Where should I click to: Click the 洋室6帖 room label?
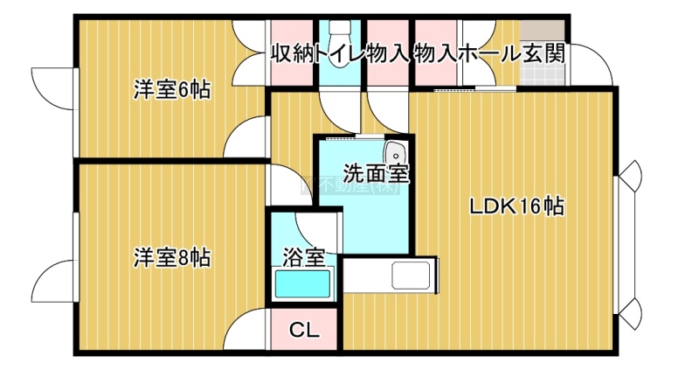(x=171, y=90)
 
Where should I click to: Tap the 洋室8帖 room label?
(x=171, y=259)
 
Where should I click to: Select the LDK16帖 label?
(x=516, y=207)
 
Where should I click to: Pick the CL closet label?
(x=304, y=331)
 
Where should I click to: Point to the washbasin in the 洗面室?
(x=395, y=150)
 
